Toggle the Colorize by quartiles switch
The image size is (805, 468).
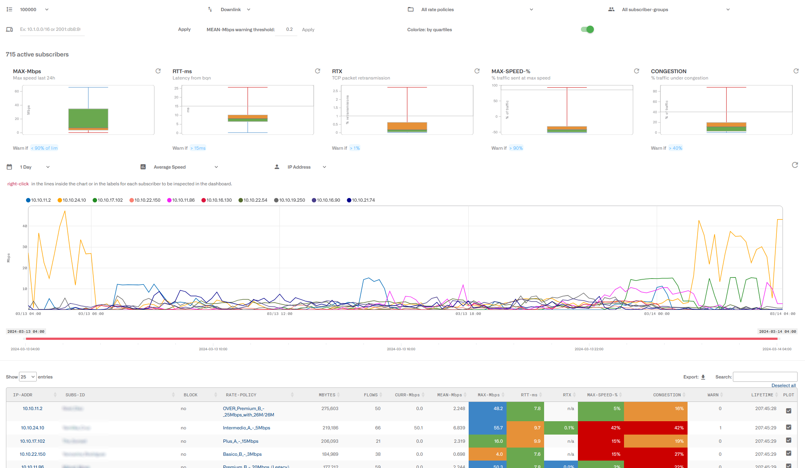pos(587,29)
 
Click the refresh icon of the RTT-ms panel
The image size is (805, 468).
pos(317,71)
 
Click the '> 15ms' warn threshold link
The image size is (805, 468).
pos(198,148)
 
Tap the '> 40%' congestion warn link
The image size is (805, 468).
pos(676,148)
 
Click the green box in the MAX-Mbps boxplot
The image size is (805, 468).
pos(88,118)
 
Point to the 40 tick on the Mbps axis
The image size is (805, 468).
pos(25,226)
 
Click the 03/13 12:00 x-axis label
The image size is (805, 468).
pos(279,314)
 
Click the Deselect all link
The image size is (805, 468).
pos(783,386)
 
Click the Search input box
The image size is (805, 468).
pos(765,377)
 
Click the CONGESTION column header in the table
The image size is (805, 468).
pos(667,395)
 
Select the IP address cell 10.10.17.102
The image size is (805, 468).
pos(32,441)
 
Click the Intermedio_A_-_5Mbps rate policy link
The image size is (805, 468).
pos(246,428)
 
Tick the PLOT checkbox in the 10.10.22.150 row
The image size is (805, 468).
pos(789,454)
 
